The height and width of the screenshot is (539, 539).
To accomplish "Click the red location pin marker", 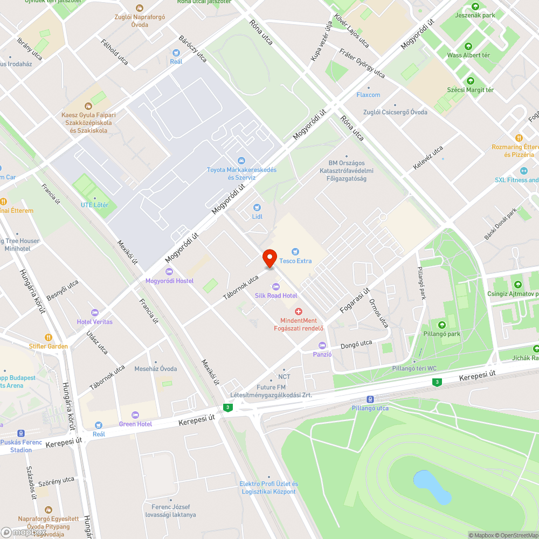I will (269, 259).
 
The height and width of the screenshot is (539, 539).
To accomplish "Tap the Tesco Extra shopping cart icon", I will (295, 252).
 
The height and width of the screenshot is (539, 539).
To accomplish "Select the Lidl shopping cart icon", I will (257, 208).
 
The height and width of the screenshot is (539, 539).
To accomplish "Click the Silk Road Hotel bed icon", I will (276, 286).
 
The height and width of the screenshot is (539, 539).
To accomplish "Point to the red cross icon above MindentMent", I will (298, 312).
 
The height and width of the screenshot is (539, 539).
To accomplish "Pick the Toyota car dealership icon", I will (241, 161).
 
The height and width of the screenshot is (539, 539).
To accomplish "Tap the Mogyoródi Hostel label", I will (169, 281).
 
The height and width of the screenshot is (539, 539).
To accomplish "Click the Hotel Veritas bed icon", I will (95, 313).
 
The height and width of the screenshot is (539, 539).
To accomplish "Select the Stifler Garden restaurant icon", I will (49, 337).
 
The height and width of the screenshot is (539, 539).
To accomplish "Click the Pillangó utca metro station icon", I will (370, 399).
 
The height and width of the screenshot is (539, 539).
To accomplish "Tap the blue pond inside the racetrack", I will (431, 487).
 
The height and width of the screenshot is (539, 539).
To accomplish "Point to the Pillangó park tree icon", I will (442, 324).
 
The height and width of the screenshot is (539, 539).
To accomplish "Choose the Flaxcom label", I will (368, 95).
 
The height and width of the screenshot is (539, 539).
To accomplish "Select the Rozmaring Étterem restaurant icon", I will (519, 138).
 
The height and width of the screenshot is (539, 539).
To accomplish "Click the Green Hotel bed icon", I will (135, 414).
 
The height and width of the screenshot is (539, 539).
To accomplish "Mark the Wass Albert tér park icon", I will (468, 46).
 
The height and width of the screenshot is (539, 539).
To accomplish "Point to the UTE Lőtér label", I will (94, 205).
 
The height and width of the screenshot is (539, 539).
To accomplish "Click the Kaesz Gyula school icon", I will (88, 105).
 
